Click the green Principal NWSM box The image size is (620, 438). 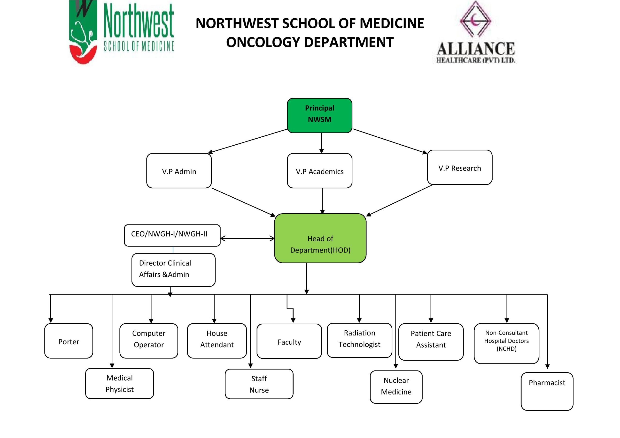pos(319,115)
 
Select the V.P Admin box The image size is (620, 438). pos(179,171)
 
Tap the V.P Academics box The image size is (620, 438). pos(319,171)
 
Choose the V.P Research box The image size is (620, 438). pos(460,168)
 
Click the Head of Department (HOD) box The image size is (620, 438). pos(320,238)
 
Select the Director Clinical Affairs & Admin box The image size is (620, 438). pos(173,270)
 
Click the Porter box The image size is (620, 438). pos(69,341)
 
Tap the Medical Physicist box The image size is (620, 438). pos(119,383)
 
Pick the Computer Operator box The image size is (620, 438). pos(149,341)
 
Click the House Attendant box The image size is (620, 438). pos(217,341)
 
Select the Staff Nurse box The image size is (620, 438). pos(259,384)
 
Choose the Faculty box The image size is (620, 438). pos(289,341)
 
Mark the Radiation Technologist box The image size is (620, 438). pos(359,340)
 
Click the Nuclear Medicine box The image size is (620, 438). pos(396,387)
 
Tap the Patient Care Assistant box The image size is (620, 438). pos(431,342)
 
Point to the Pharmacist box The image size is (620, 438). pos(547,391)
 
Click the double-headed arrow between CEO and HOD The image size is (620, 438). pos(247,238)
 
